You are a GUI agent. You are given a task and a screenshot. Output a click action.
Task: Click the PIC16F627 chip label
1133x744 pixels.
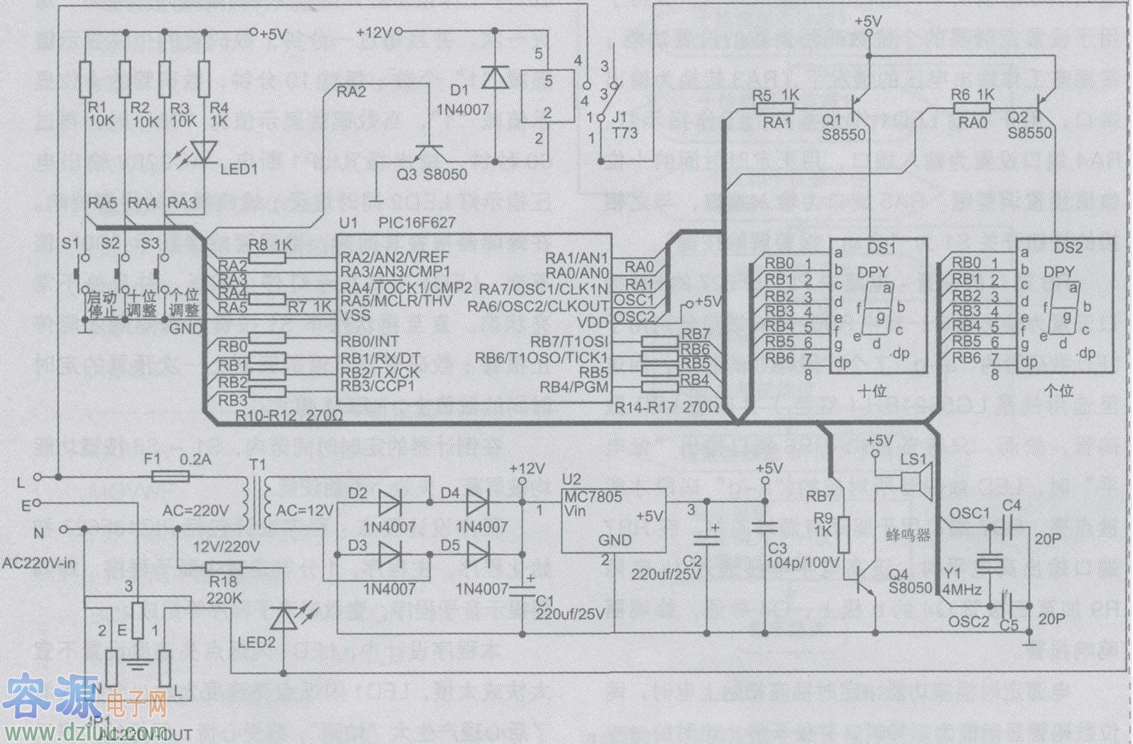[x=416, y=222]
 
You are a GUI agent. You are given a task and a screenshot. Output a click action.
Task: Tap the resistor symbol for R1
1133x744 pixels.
[x=85, y=79]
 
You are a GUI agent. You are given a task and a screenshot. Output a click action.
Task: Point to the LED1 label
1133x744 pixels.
[x=239, y=168]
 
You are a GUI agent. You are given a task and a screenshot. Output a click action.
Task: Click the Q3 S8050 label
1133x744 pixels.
[x=432, y=175]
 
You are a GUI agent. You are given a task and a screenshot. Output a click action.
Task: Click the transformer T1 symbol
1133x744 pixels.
[x=257, y=503]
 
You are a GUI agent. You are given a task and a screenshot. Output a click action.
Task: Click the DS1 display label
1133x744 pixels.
[x=881, y=248]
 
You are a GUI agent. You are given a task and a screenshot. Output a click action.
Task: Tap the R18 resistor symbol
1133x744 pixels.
[x=224, y=568]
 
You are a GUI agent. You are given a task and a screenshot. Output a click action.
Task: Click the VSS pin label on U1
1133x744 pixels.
[x=355, y=315]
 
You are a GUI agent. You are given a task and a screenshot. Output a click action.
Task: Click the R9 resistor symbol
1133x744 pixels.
[x=844, y=533]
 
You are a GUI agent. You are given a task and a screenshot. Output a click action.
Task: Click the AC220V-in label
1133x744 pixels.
[x=39, y=562]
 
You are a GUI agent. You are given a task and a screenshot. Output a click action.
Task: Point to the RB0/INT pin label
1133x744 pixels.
[x=369, y=341]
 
